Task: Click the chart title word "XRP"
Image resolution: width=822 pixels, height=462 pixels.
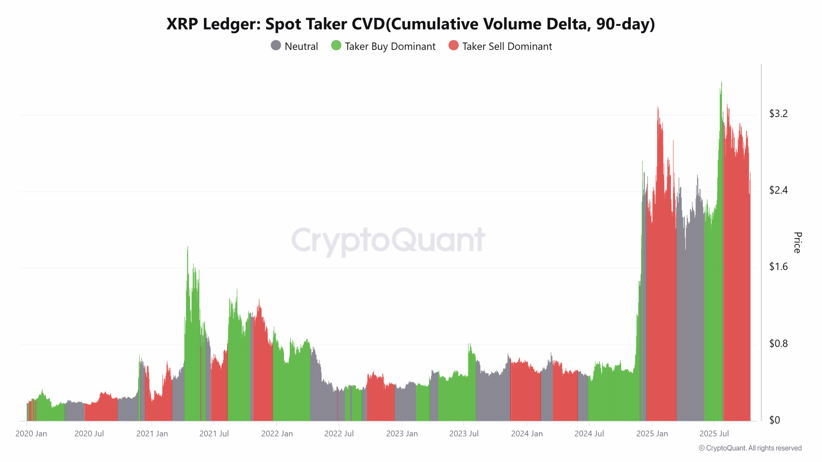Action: (182, 24)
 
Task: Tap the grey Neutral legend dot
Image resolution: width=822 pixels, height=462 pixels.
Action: (276, 46)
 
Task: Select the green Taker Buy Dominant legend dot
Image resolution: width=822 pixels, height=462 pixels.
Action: (336, 46)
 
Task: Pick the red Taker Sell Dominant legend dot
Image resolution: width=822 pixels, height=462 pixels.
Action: (453, 46)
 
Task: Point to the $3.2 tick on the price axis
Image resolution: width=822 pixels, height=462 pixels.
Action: (778, 114)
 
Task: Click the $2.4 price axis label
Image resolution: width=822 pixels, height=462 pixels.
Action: (778, 190)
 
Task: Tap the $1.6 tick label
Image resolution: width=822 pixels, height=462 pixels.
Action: (778, 267)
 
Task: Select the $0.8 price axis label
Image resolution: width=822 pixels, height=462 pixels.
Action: (778, 344)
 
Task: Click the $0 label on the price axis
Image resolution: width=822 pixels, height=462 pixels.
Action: (774, 420)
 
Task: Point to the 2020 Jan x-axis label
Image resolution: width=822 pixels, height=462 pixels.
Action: (31, 434)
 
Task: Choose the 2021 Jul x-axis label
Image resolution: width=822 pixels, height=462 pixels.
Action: (214, 434)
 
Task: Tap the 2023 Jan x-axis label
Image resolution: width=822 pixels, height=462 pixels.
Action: (402, 434)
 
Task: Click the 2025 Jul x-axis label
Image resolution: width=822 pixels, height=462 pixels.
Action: (714, 434)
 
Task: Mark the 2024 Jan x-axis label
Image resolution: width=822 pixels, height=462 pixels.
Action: (527, 434)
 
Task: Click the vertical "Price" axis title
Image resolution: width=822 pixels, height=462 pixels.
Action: (797, 243)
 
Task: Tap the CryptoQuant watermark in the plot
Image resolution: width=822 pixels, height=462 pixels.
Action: (388, 240)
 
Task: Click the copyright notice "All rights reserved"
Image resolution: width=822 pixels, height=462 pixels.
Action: (774, 448)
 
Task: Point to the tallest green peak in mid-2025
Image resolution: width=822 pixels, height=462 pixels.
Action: (721, 82)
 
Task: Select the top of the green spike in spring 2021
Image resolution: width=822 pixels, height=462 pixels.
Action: (188, 247)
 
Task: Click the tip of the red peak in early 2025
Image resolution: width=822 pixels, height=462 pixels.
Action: (658, 107)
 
